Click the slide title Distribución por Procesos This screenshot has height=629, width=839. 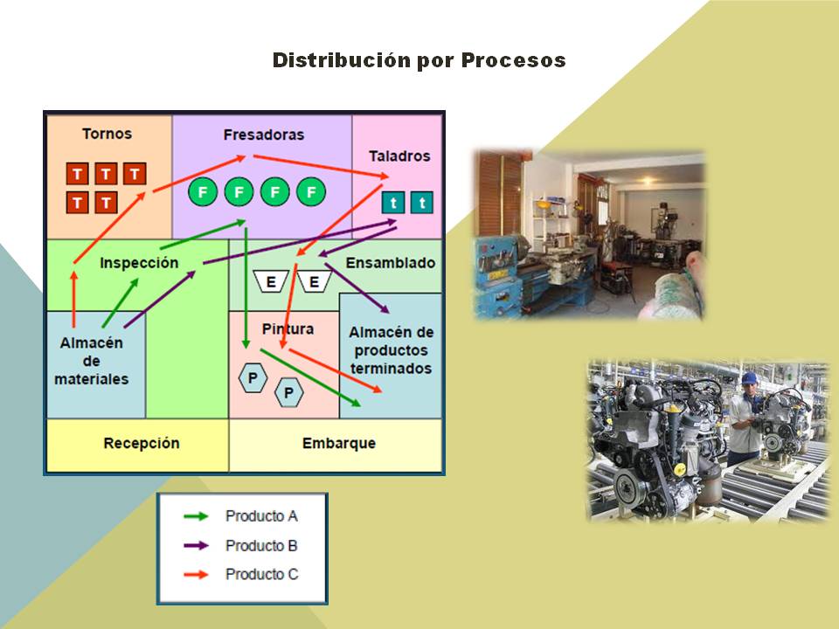click(419, 60)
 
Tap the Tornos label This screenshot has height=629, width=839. click(107, 134)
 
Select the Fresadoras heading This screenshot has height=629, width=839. click(263, 135)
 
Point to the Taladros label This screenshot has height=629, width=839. click(399, 156)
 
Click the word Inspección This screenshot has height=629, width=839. click(139, 263)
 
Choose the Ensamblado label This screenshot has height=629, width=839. click(391, 263)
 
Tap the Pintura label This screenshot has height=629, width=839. click(288, 329)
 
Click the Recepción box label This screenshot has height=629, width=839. click(141, 443)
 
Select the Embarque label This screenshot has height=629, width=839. click(339, 443)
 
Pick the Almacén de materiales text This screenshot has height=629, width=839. click(91, 361)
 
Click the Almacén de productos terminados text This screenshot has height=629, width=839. click(391, 350)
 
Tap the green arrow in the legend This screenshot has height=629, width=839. click(196, 516)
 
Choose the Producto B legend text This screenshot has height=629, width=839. click(261, 546)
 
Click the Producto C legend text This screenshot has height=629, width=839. click(261, 575)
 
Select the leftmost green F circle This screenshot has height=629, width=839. click(203, 191)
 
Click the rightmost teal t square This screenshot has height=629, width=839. click(422, 204)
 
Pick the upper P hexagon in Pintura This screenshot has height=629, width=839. click(253, 378)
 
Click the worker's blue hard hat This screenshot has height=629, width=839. click(749, 377)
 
